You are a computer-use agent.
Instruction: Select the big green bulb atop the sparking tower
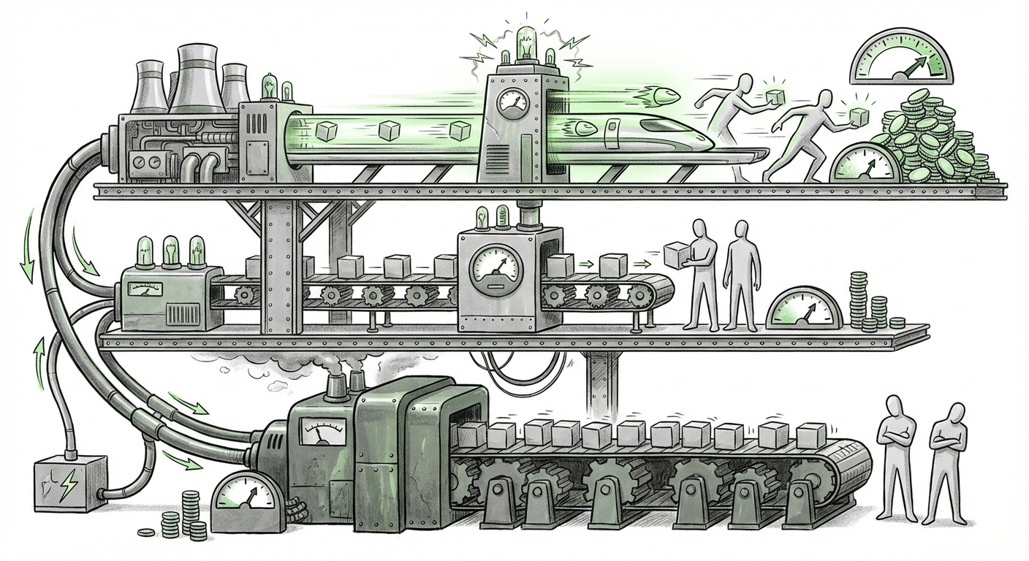525,41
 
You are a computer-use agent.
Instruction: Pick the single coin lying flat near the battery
147,533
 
